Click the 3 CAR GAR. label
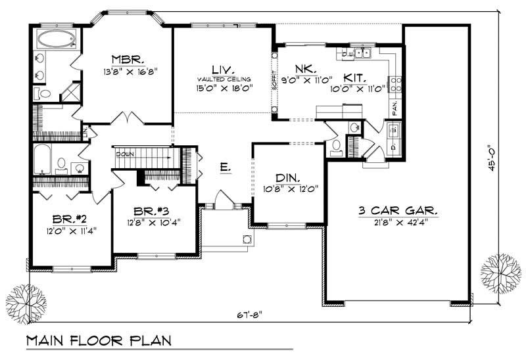[398, 212]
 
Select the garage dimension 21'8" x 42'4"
[398, 225]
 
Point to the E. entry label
[226, 169]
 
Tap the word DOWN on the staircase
[125, 154]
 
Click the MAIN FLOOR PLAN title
[99, 341]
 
